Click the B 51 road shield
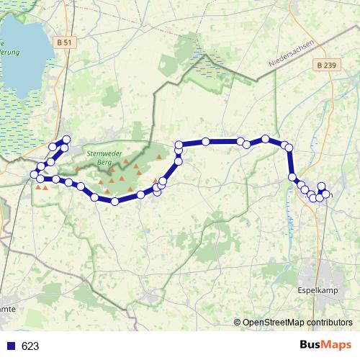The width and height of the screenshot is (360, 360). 63,42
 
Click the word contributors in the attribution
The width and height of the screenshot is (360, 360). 330,322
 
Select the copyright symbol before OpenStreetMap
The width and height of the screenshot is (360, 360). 238,322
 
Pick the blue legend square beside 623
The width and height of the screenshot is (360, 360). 11,346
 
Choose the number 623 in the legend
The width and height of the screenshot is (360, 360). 30,346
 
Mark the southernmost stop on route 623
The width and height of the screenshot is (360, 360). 114,201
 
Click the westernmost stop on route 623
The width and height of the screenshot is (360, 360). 34,174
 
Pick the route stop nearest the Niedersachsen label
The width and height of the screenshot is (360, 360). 266,138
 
